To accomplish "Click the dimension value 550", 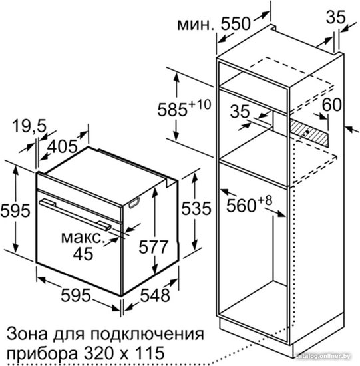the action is click(236, 23).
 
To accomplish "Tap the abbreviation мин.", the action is click(196, 25).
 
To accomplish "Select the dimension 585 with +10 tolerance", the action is click(184, 108).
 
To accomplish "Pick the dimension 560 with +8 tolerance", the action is click(250, 204).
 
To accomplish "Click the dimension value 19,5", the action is click(29, 126).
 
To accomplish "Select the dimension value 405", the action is click(62, 146).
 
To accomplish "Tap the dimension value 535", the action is click(196, 208).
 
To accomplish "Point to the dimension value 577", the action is click(153, 247).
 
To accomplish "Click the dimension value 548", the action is click(155, 295).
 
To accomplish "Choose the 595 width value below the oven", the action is click(75, 295).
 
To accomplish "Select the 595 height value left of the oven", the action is click(15, 210).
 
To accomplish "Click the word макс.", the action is click(82, 238).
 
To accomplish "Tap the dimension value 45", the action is click(83, 254).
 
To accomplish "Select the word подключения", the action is click(147, 335).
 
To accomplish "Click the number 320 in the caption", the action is click(98, 352).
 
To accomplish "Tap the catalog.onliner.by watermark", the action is click(323, 356).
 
